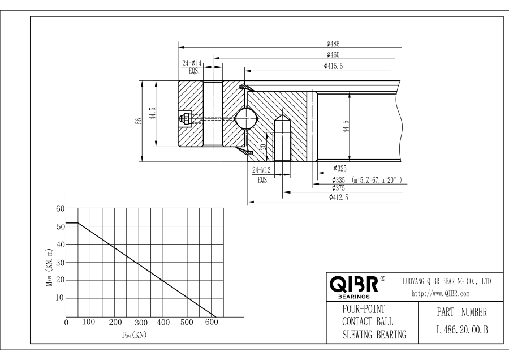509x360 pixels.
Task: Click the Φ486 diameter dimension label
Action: tap(333, 44)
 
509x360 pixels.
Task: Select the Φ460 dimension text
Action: tap(333, 54)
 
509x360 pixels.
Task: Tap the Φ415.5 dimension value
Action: tap(333, 66)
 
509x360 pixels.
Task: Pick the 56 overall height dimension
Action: tap(139, 121)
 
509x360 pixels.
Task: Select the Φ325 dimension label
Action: tap(340, 168)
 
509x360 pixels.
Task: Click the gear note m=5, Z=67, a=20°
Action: tap(377, 180)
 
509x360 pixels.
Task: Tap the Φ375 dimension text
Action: tap(338, 188)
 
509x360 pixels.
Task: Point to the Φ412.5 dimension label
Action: tap(338, 197)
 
